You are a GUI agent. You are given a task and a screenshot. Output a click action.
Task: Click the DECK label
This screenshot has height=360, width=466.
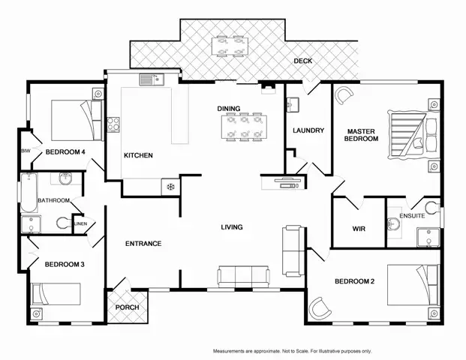click(x=303, y=61)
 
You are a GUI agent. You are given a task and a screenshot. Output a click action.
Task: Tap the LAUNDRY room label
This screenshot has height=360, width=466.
click(x=308, y=130)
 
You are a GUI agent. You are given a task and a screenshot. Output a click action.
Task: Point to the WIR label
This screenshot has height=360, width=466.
click(x=359, y=229)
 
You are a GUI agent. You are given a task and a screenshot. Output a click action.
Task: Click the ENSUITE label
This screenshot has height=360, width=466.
click(x=412, y=216)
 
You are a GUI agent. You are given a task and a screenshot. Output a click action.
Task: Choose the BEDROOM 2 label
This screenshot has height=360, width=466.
click(x=355, y=281)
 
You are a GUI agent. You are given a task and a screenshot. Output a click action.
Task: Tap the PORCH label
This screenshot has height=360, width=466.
click(x=127, y=307)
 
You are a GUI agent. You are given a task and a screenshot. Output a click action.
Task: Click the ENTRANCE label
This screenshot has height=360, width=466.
click(x=143, y=243)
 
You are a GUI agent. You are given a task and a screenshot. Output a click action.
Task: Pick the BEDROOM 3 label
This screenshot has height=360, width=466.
click(x=65, y=264)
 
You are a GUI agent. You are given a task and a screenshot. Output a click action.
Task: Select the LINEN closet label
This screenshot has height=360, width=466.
click(x=80, y=223)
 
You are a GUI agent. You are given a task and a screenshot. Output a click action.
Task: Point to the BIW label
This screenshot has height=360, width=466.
click(x=26, y=151)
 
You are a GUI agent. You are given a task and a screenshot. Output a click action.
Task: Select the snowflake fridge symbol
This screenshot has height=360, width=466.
click(x=170, y=185)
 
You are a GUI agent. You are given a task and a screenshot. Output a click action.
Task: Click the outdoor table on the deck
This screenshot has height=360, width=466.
click(x=230, y=46)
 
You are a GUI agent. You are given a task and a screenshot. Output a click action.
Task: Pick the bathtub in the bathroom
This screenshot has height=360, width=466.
click(x=28, y=190)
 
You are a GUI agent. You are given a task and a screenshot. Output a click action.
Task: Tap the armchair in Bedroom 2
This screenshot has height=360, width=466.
click(x=320, y=307)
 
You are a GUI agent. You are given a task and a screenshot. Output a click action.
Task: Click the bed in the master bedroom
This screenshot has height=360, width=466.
click(x=409, y=136)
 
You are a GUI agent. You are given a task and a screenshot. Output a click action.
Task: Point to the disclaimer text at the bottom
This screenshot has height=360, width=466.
click(x=292, y=351)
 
